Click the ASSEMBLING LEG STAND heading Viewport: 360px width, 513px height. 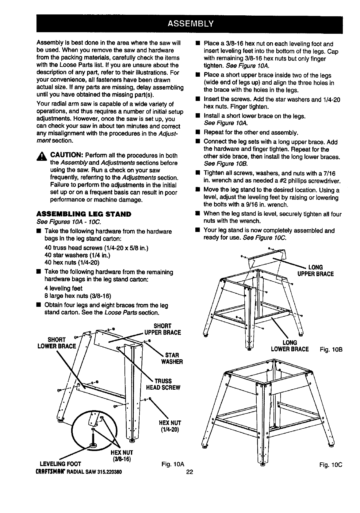point(84,214)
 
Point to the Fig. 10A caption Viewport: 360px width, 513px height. point(172,463)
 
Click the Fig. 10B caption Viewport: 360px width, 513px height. point(331,349)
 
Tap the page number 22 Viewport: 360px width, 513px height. point(189,472)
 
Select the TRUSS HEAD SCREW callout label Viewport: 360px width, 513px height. point(163,384)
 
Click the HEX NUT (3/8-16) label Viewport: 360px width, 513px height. point(122,456)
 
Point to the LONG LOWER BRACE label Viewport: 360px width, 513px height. point(290,346)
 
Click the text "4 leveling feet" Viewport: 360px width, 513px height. point(63,288)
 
